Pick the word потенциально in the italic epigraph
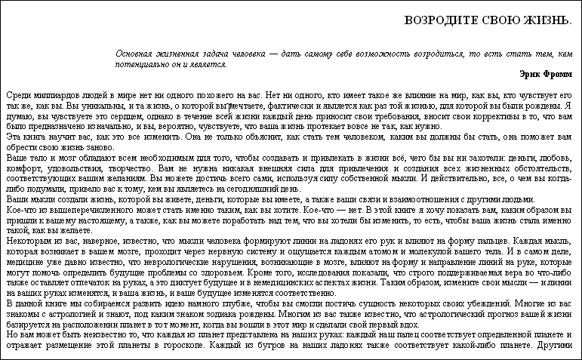click(x=140, y=64)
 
